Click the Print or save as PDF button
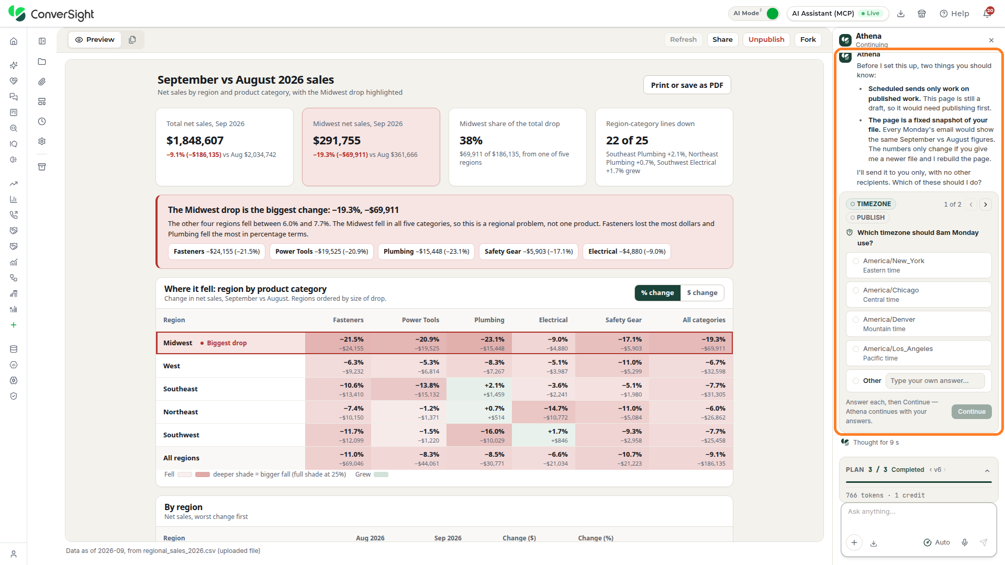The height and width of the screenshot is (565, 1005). click(x=687, y=85)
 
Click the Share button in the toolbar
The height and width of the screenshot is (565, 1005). click(x=722, y=40)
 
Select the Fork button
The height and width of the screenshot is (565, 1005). click(x=808, y=40)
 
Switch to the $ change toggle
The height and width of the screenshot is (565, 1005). click(x=702, y=293)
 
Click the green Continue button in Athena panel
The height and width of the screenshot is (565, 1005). click(x=971, y=412)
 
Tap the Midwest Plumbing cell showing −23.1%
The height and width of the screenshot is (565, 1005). click(x=479, y=343)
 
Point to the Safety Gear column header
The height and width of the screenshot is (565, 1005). click(x=623, y=320)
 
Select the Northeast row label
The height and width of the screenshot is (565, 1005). click(x=181, y=412)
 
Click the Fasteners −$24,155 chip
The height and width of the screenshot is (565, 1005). click(x=217, y=252)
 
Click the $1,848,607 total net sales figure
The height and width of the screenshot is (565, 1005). click(x=195, y=141)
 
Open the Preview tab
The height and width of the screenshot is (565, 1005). click(x=95, y=40)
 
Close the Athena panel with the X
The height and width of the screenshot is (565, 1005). click(x=991, y=40)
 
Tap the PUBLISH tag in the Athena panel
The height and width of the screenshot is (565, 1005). click(x=867, y=218)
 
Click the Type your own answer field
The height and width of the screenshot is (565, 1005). click(x=935, y=381)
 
